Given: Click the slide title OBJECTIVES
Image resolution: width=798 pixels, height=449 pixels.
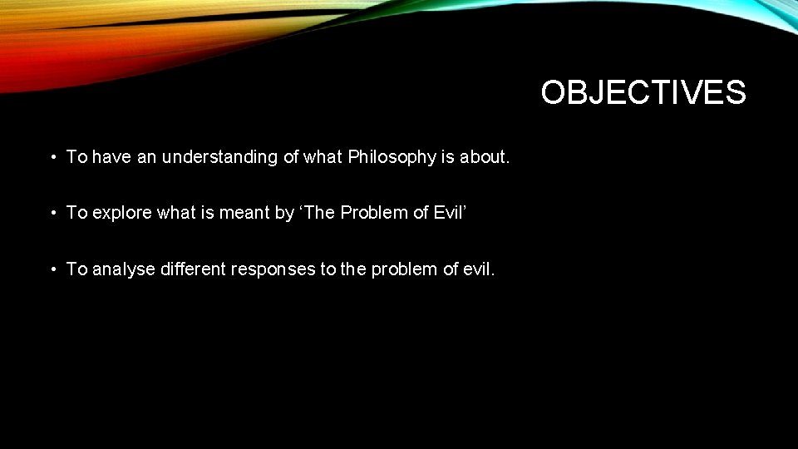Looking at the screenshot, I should pyautogui.click(x=643, y=92).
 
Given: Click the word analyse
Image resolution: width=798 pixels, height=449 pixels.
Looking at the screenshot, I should pyautogui.click(x=124, y=269).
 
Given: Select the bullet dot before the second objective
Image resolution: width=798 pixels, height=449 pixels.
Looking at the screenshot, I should pyautogui.click(x=52, y=214).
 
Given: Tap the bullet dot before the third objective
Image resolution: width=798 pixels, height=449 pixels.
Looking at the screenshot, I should pyautogui.click(x=52, y=269).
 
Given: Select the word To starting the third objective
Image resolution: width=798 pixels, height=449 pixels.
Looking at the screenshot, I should pyautogui.click(x=76, y=269).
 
